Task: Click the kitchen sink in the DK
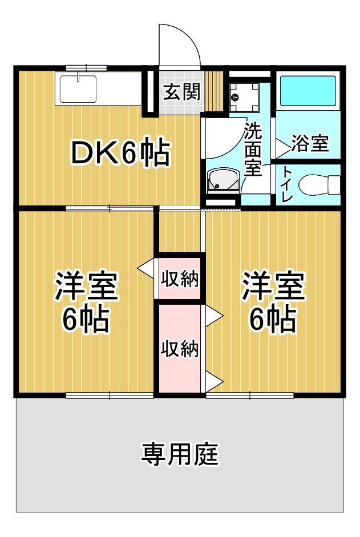tap(78, 88)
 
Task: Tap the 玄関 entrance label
tap(181, 91)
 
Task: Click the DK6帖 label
tap(120, 152)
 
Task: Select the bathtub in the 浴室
tap(308, 91)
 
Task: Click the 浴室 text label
tap(310, 143)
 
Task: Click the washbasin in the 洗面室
tap(223, 180)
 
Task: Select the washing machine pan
tap(244, 97)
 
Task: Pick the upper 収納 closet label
tap(180, 278)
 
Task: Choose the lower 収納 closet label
tap(180, 349)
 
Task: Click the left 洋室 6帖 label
tap(86, 302)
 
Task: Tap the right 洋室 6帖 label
tap(273, 301)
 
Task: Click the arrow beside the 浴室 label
tap(282, 149)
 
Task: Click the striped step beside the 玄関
tap(215, 91)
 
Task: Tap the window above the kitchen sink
tap(86, 67)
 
